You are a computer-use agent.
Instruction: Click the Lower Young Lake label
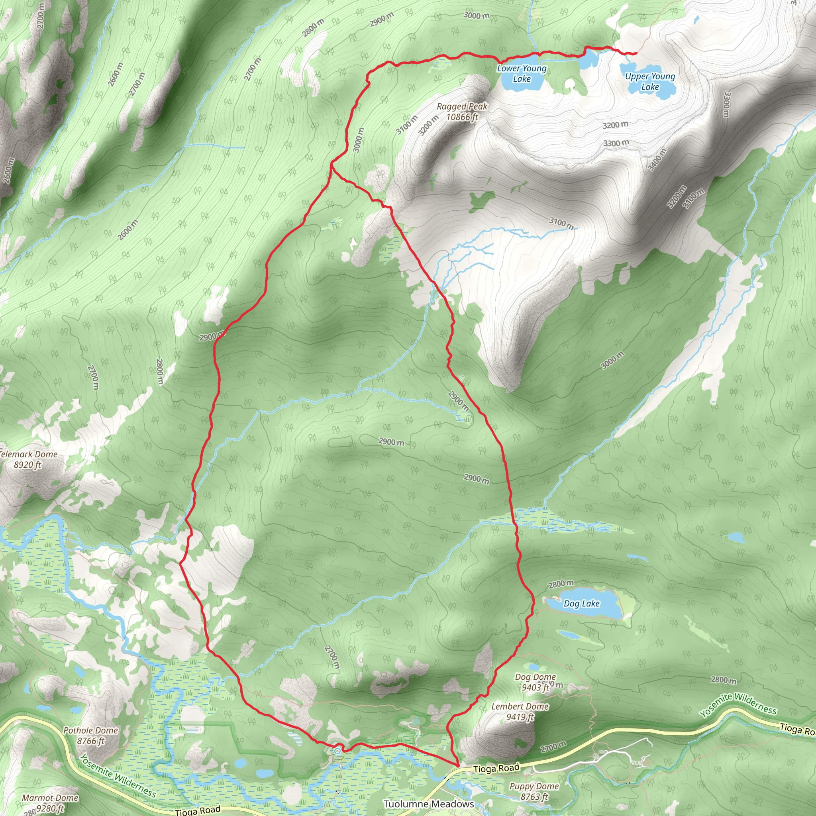pyautogui.click(x=522, y=73)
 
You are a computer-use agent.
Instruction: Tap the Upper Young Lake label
pyautogui.click(x=650, y=82)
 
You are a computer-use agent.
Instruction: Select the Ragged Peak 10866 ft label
pyautogui.click(x=462, y=112)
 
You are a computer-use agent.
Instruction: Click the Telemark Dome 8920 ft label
pyautogui.click(x=28, y=459)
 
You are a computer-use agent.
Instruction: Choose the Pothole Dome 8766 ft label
pyautogui.click(x=90, y=736)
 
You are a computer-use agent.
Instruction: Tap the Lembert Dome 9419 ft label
pyautogui.click(x=520, y=711)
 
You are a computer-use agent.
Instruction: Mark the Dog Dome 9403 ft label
pyautogui.click(x=535, y=682)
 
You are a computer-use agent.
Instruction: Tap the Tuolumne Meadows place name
pyautogui.click(x=429, y=804)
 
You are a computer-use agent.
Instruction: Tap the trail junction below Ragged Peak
pyautogui.click(x=332, y=167)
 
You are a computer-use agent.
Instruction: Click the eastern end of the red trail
pyautogui.click(x=636, y=53)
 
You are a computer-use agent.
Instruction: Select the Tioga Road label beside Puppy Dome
pyautogui.click(x=496, y=768)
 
